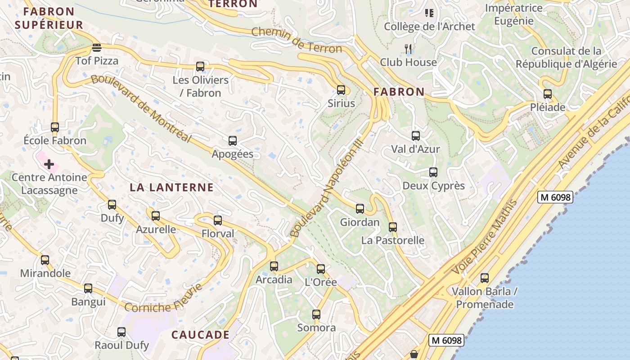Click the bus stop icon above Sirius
pyautogui.click(x=341, y=90)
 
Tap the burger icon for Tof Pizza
pyautogui.click(x=97, y=47)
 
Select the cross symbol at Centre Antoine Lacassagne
pyautogui.click(x=49, y=164)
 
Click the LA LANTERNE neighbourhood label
pyautogui.click(x=171, y=188)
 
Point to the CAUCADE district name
pyautogui.click(x=201, y=335)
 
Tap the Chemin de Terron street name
pyautogui.click(x=297, y=40)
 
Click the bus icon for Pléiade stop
pyautogui.click(x=548, y=94)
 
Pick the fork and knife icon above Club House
pyautogui.click(x=409, y=49)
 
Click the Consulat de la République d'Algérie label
pyautogui.click(x=566, y=58)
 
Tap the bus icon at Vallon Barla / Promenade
pyautogui.click(x=485, y=278)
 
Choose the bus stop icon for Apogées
pyautogui.click(x=233, y=141)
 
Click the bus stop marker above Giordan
pyautogui.click(x=360, y=209)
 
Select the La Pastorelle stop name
pyautogui.click(x=393, y=240)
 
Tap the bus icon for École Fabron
pyautogui.click(x=55, y=127)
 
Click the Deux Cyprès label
pyautogui.click(x=433, y=185)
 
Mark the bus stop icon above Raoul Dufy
pyautogui.click(x=121, y=332)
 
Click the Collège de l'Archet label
pyautogui.click(x=429, y=27)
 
